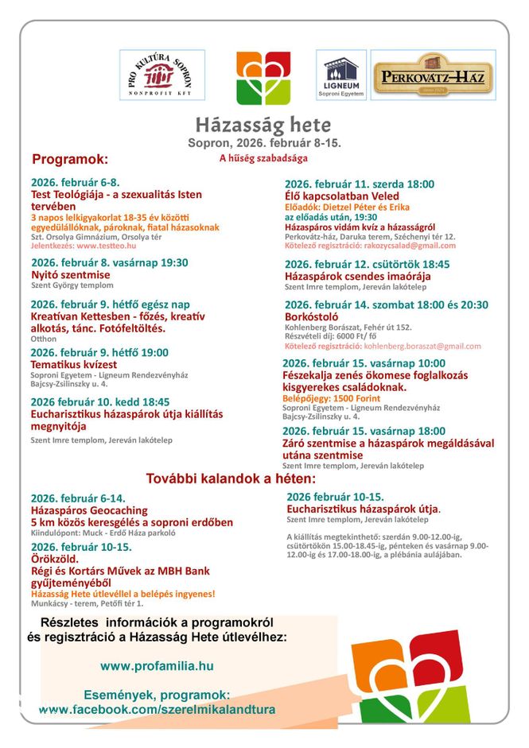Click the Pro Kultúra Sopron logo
tap(162, 75)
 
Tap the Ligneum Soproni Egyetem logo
tap(341, 76)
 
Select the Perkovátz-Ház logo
tap(433, 76)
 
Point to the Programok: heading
tap(70, 159)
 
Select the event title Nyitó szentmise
tap(71, 274)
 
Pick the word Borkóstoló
tap(313, 316)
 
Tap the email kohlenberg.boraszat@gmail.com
tap(422, 346)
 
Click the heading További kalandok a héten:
tap(231, 479)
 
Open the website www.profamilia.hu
tap(157, 666)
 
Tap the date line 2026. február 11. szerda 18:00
tap(360, 184)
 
